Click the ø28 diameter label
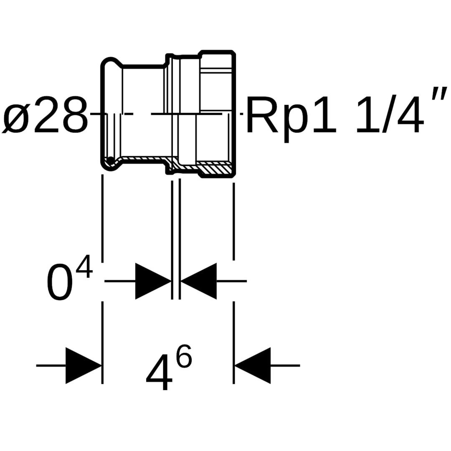46,115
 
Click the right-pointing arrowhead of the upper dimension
153,281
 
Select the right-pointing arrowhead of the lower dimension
84,365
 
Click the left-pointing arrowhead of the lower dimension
253,365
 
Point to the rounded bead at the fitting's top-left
109,62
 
